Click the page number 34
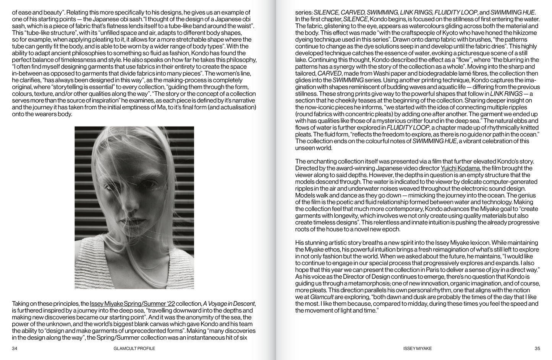coord(15,349)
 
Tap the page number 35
coord(537,349)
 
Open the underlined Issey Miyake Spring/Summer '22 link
coord(133,304)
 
